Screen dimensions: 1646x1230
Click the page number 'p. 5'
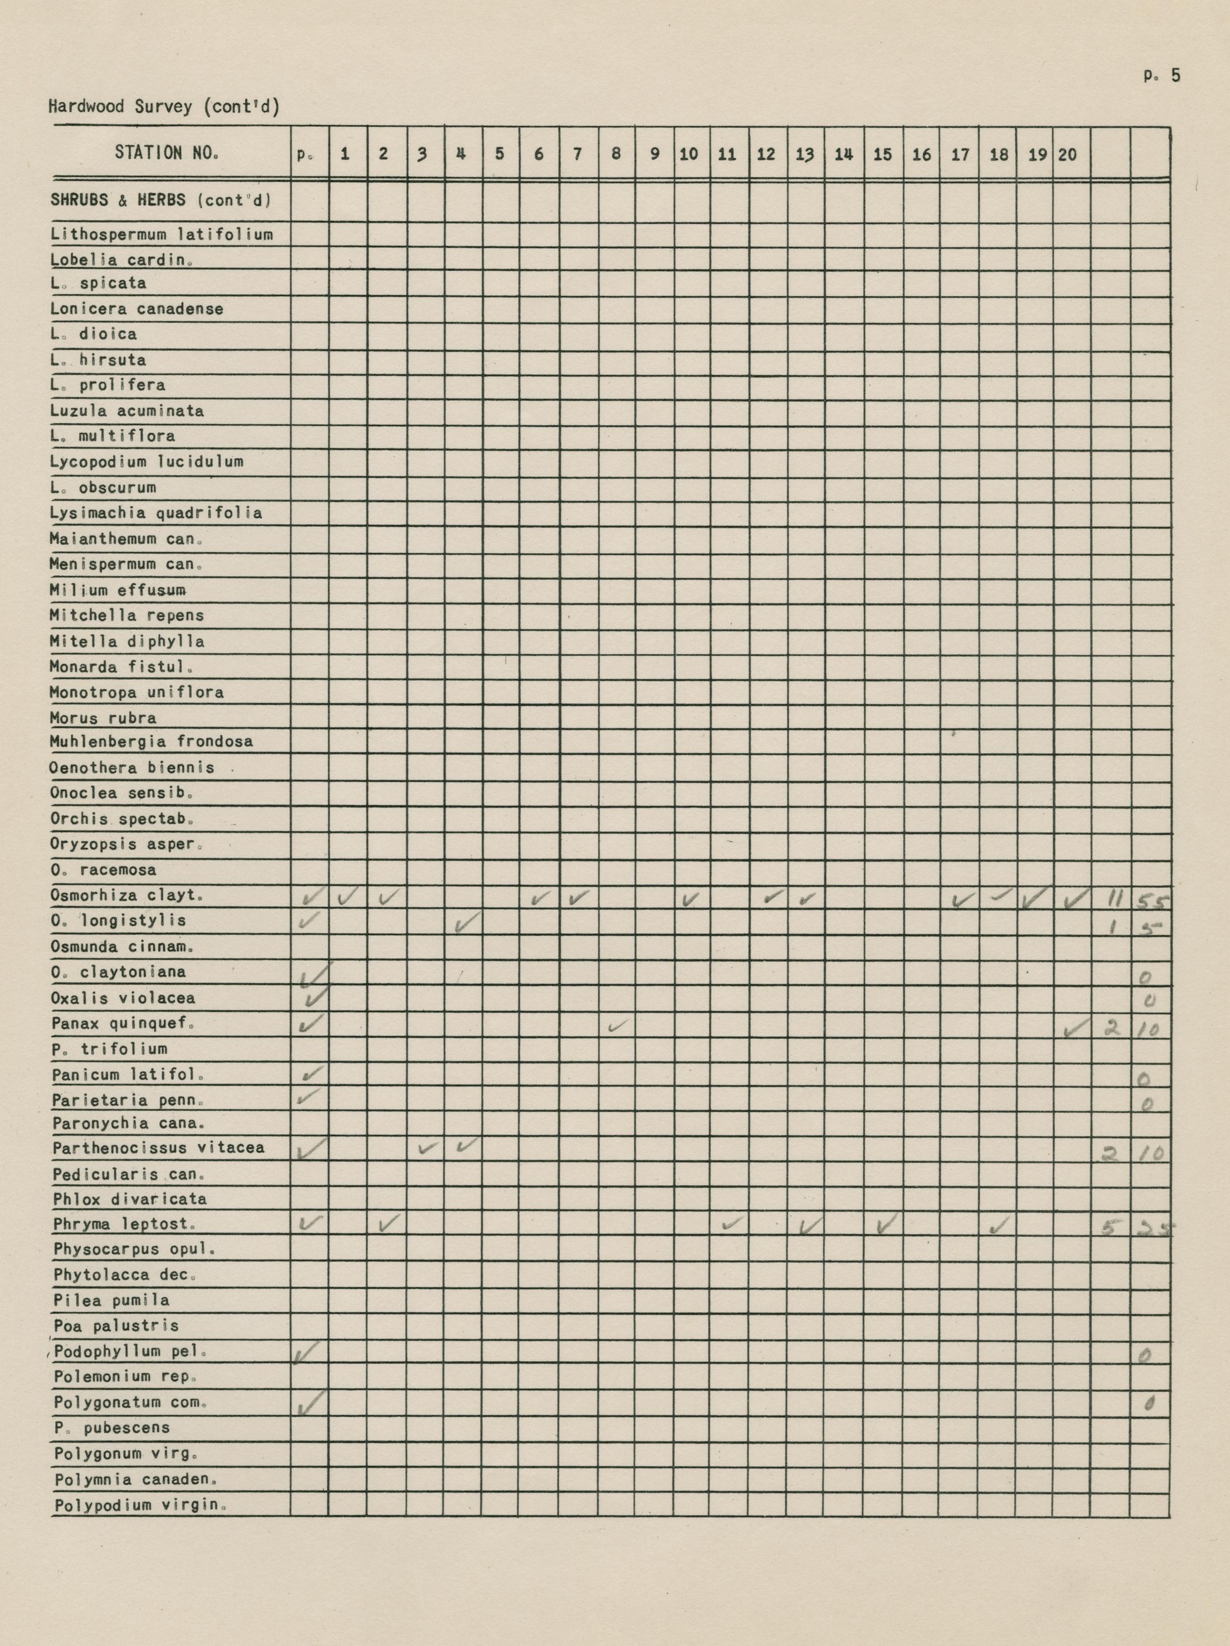(1161, 76)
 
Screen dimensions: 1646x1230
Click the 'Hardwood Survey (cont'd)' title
(164, 106)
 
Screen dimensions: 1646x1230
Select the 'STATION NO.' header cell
(167, 153)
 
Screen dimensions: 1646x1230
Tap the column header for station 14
(843, 155)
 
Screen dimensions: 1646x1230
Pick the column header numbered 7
(577, 154)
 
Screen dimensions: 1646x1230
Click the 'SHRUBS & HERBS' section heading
(160, 200)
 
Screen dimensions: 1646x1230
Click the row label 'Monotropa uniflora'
(136, 692)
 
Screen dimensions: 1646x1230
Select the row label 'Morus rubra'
(103, 718)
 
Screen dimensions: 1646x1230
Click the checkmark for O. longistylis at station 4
(465, 923)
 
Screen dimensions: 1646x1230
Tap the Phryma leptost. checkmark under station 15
(885, 1224)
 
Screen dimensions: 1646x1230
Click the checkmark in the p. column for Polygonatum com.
(310, 1404)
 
